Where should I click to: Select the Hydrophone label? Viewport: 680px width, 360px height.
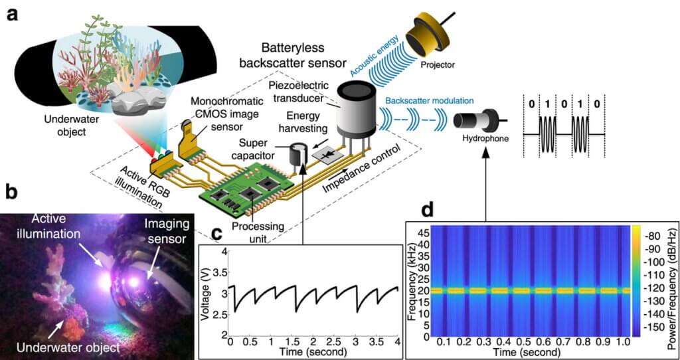pyautogui.click(x=483, y=140)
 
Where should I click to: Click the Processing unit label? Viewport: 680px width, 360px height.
pyautogui.click(x=258, y=220)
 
